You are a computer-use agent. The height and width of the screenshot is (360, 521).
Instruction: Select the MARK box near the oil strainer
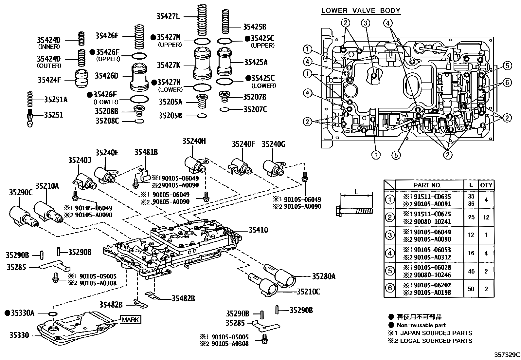130,319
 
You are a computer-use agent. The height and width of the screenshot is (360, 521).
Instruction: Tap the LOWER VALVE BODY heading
361,10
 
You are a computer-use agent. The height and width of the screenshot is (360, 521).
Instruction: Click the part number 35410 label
258,230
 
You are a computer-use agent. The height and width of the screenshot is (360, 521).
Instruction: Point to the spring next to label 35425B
225,21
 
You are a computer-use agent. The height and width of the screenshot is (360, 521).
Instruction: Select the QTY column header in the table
486,185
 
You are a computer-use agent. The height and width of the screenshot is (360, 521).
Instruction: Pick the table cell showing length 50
471,289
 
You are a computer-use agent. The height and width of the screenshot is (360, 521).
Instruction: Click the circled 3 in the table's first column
389,235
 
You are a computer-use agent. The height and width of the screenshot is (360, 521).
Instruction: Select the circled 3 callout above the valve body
366,23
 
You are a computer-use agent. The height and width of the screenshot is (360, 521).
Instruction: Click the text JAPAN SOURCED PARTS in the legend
436,333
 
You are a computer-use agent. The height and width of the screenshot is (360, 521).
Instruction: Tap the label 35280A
323,276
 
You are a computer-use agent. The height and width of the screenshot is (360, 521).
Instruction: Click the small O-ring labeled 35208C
139,121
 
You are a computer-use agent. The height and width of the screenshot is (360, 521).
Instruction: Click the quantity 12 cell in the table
486,217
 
